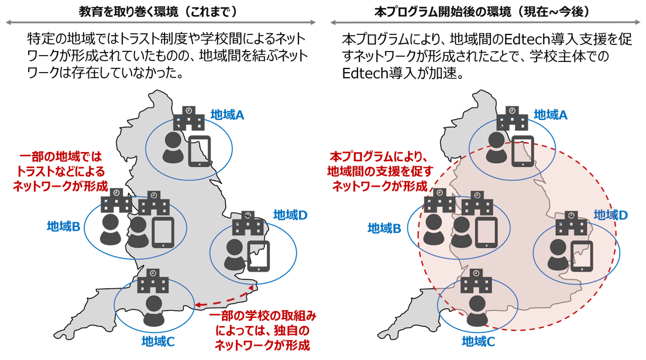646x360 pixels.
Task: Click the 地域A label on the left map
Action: [226, 114]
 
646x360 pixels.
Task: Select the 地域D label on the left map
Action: [291, 214]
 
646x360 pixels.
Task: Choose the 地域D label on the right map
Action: [611, 214]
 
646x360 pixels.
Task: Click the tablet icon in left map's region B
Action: [164, 232]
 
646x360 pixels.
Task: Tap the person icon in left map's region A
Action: [173, 148]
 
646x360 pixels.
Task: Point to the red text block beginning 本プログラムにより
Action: [381, 171]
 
